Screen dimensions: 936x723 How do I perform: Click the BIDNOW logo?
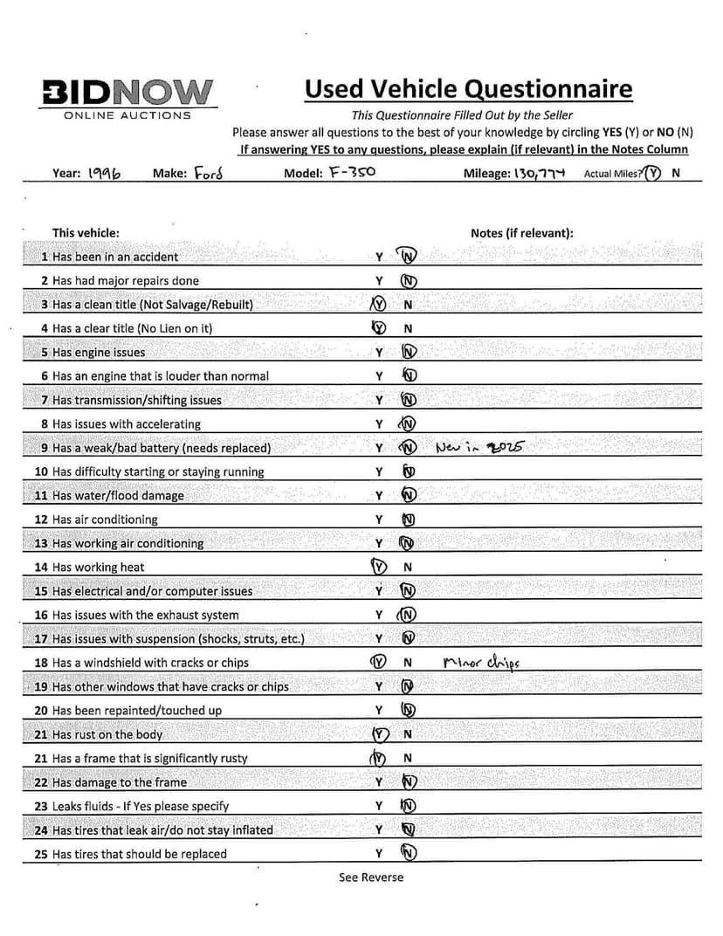(x=127, y=92)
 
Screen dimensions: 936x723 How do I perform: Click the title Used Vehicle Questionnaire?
(x=468, y=89)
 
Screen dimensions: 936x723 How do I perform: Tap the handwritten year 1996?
(x=104, y=173)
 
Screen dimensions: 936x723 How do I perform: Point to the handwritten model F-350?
(x=352, y=172)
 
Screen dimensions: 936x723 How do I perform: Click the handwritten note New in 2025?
(x=478, y=447)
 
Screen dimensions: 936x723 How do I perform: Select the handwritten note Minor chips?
(x=481, y=662)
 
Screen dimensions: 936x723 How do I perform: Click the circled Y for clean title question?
(x=379, y=305)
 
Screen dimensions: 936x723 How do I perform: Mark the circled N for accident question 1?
(x=408, y=257)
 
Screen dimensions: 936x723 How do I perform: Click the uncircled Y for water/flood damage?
(x=380, y=495)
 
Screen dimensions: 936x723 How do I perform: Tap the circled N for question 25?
(x=408, y=853)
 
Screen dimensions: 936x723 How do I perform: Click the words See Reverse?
(x=371, y=877)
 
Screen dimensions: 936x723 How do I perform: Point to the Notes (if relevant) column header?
(x=521, y=233)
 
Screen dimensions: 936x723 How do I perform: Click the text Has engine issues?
(x=99, y=353)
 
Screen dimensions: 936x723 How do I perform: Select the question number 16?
(x=41, y=615)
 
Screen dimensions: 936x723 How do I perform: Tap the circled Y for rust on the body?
(x=380, y=734)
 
